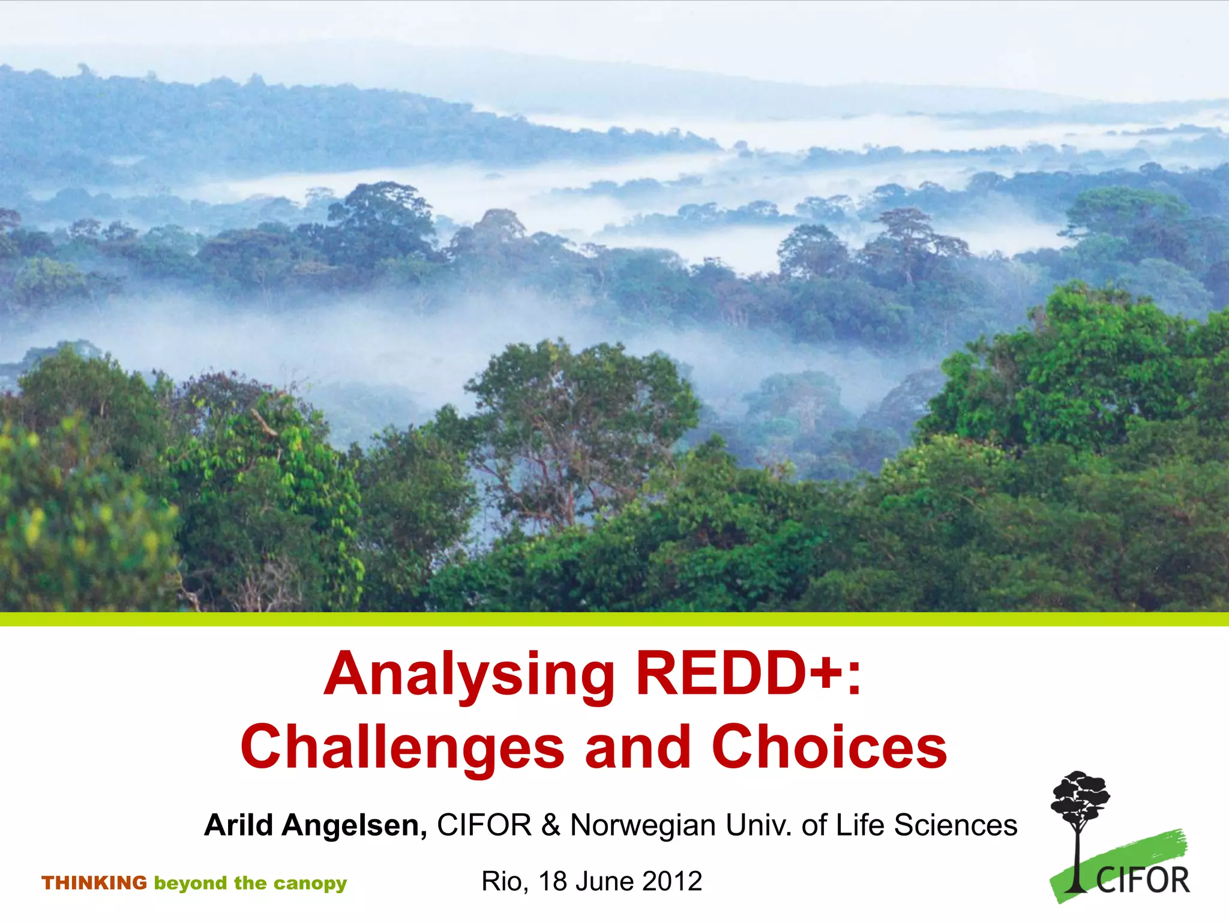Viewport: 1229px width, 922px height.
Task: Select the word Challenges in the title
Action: click(x=402, y=747)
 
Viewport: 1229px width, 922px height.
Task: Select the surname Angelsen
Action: click(x=354, y=826)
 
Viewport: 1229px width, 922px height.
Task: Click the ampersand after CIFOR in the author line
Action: click(x=550, y=825)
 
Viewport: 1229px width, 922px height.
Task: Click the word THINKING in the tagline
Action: click(x=94, y=883)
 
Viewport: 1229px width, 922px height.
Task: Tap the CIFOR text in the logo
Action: click(x=1143, y=881)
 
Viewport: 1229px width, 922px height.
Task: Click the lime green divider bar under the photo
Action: click(x=614, y=619)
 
